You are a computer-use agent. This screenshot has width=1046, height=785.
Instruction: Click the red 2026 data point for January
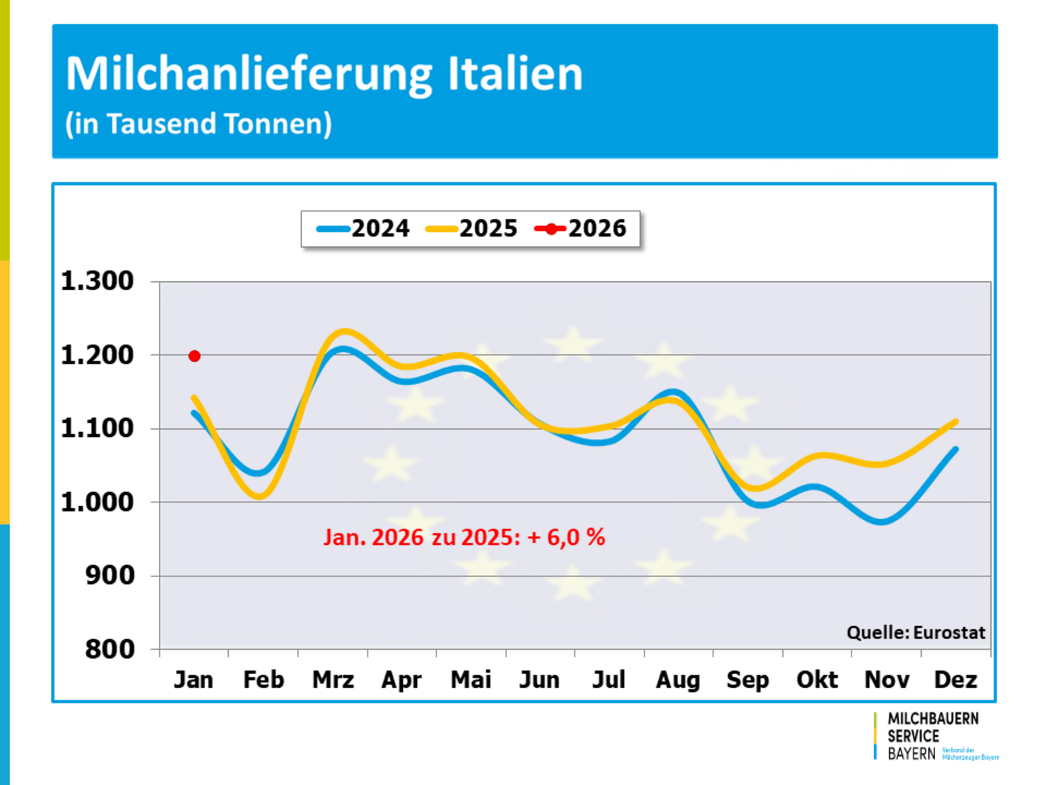[x=195, y=356]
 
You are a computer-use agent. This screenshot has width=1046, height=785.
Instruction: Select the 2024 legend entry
[x=363, y=228]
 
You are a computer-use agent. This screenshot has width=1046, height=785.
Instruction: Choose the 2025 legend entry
[x=472, y=228]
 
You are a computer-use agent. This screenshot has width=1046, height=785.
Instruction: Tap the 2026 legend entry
[x=581, y=228]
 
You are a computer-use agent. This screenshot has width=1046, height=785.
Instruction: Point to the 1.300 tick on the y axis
[x=97, y=281]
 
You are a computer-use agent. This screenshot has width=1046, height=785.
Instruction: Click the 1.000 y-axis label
[x=97, y=502]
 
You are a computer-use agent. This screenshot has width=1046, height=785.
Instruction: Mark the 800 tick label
[x=109, y=649]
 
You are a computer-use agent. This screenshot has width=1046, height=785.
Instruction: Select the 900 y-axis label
[x=109, y=576]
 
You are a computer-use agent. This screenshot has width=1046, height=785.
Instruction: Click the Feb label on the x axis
[x=263, y=680]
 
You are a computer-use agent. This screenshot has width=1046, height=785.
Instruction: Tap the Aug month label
[x=678, y=680]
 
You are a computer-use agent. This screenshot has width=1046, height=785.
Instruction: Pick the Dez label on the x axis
[x=955, y=680]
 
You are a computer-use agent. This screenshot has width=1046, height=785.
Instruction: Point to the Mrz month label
[x=333, y=680]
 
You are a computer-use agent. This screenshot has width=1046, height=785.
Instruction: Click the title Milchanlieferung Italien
[x=324, y=73]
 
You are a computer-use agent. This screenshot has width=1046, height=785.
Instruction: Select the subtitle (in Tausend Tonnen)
[x=199, y=124]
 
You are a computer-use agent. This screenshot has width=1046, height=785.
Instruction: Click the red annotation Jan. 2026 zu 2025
[x=464, y=537]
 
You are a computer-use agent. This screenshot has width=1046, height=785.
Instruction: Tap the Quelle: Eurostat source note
[x=916, y=633]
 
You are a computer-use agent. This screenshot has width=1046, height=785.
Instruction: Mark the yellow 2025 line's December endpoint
[x=955, y=422]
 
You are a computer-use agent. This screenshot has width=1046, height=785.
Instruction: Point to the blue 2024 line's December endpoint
[x=955, y=449]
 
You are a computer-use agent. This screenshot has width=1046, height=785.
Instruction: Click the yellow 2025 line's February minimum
[x=259, y=496]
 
